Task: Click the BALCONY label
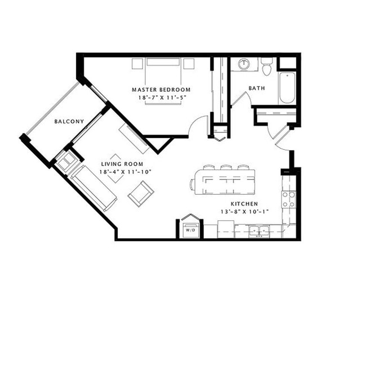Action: (x=69, y=122)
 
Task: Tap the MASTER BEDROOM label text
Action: (x=161, y=90)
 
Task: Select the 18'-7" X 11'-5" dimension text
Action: (x=161, y=97)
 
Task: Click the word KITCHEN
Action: (x=244, y=204)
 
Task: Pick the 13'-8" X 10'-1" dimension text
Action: (x=244, y=212)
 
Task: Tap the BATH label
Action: (x=257, y=88)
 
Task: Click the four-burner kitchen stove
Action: (x=288, y=199)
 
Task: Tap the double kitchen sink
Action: (x=259, y=230)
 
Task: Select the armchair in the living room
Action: (x=141, y=193)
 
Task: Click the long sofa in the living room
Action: (x=93, y=188)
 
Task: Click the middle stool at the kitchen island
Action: (x=226, y=168)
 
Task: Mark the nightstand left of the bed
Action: (x=137, y=64)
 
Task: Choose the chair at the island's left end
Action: (x=193, y=183)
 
